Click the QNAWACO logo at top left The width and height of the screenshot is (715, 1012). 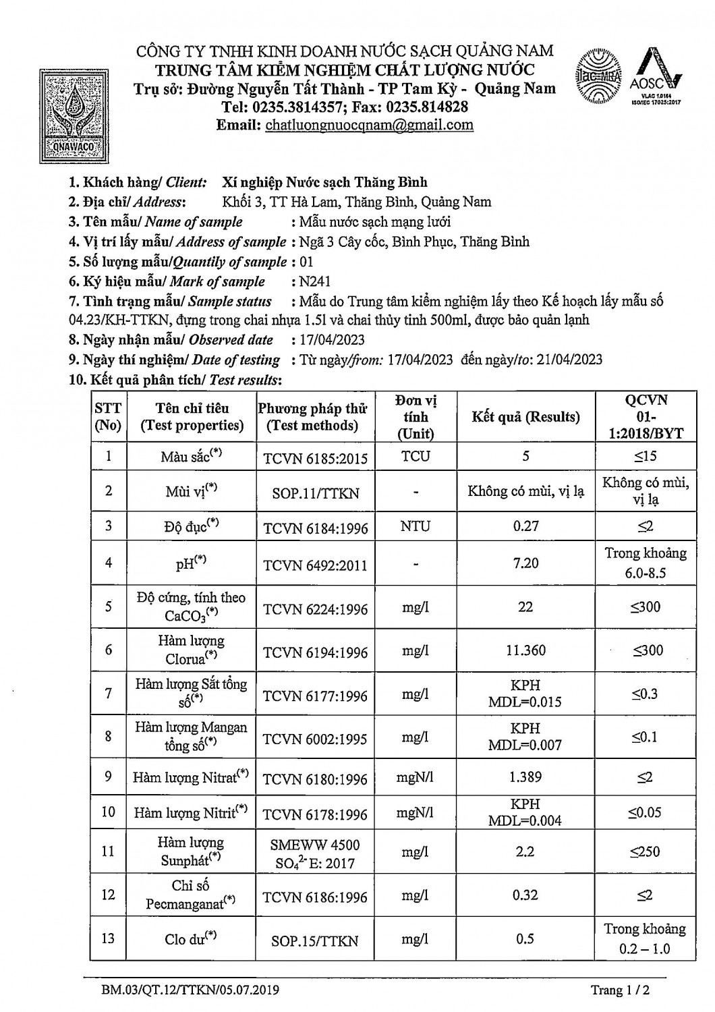tap(71, 115)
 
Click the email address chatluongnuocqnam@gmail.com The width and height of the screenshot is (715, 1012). tap(370, 125)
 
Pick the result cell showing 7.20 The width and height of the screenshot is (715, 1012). tap(525, 563)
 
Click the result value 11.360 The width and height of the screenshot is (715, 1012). tap(525, 650)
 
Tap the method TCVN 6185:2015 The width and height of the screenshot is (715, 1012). tap(316, 459)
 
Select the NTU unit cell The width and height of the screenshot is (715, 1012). tap(415, 526)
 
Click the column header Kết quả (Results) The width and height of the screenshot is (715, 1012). tap(525, 417)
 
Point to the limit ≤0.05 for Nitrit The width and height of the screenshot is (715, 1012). tap(644, 812)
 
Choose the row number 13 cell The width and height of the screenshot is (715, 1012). tap(109, 938)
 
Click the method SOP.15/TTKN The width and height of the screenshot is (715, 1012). tap(314, 940)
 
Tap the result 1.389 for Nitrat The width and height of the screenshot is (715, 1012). tap(525, 777)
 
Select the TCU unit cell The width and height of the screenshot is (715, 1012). tap(415, 456)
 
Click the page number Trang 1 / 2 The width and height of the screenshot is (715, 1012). tap(621, 990)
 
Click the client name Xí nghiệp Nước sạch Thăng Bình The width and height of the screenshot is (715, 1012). tap(324, 182)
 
